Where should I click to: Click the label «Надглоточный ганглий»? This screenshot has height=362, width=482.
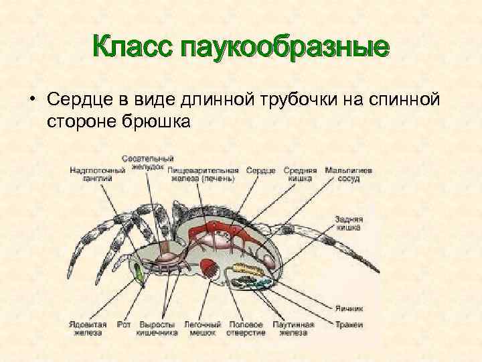coord(98,174)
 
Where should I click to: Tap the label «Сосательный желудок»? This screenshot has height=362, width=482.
coord(147,163)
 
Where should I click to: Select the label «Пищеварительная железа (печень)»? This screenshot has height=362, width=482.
coord(204,174)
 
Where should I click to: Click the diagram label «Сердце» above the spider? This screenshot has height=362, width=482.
coord(260,170)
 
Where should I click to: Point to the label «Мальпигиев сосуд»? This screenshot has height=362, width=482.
coord(348,174)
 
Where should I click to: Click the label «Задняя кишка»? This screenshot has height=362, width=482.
coord(349,223)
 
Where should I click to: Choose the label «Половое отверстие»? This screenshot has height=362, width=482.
coord(246,328)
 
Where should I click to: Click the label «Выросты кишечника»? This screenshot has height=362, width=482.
coord(156,328)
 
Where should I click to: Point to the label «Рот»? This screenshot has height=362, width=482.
coord(123,325)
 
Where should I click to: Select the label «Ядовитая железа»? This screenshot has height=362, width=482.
coord(85,328)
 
